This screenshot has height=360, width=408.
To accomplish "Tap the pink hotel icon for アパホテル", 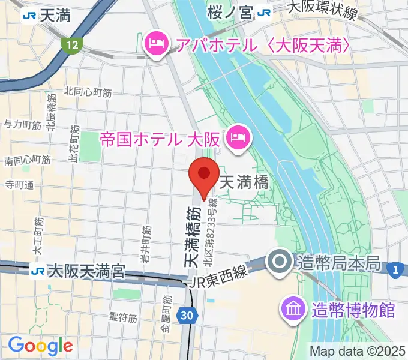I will (155, 43).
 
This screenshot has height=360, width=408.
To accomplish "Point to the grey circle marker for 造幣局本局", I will (280, 262).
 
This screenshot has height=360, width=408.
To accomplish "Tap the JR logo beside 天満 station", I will (27, 16).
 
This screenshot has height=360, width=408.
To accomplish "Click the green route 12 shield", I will (72, 44).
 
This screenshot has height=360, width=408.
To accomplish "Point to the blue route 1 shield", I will (395, 269).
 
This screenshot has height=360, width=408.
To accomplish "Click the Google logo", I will (40, 345).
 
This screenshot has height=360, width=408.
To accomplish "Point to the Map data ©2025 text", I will (358, 351).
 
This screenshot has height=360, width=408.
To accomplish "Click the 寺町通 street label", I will (18, 184).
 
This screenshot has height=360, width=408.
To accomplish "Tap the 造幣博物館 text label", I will (353, 310).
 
